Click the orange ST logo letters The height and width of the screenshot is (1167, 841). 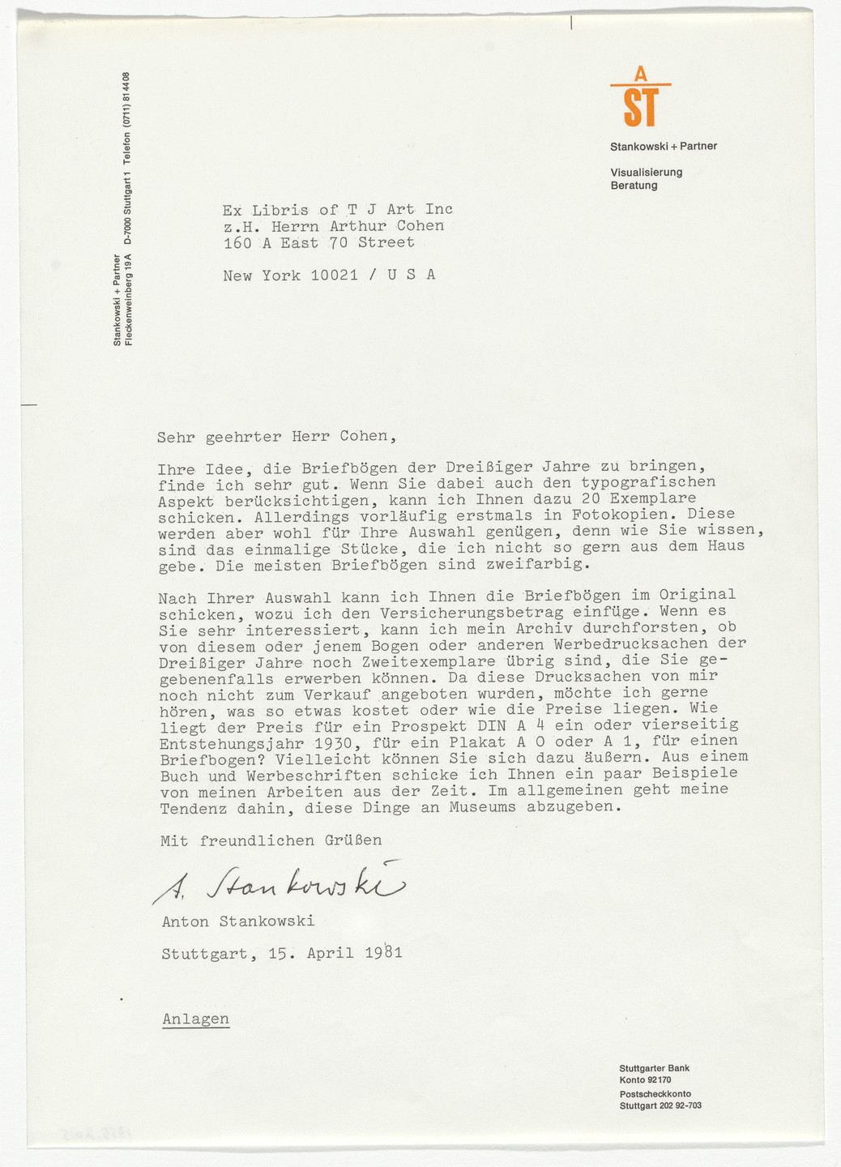640,108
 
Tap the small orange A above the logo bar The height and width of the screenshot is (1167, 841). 640,75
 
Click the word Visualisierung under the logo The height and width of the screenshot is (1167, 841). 646,173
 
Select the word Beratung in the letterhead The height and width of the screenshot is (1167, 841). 634,186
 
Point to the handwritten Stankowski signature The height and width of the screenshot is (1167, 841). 275,885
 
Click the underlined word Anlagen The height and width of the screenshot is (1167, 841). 195,1019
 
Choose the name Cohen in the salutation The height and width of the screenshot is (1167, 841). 364,436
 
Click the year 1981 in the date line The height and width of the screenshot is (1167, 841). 383,953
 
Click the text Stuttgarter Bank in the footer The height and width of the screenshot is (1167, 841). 654,1068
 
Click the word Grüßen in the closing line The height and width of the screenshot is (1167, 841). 352,840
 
